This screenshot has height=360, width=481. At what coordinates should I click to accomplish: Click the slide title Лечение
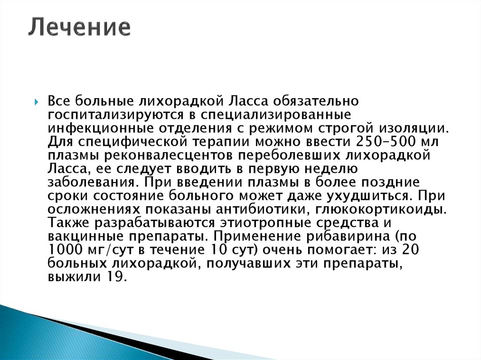click(x=78, y=28)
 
